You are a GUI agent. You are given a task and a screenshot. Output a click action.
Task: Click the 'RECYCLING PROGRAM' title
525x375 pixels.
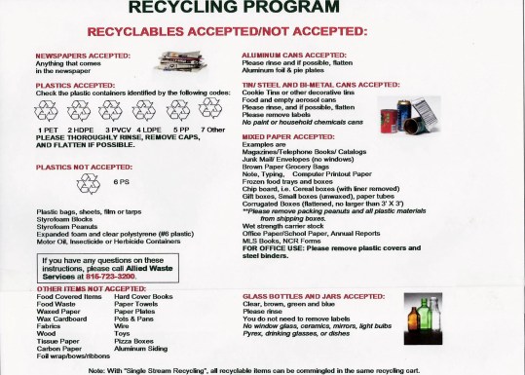pyautogui.click(x=263, y=9)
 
